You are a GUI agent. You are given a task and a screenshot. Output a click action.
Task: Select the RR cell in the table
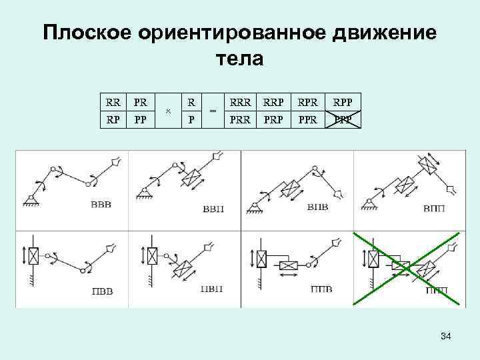pyautogui.click(x=113, y=103)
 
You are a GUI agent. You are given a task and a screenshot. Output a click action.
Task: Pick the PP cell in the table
pyautogui.click(x=141, y=120)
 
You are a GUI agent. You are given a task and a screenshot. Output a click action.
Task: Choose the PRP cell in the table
pyautogui.click(x=274, y=120)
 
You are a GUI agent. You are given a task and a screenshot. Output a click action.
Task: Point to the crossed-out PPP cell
pyautogui.click(x=344, y=120)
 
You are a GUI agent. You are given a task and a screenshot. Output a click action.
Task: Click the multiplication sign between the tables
pyautogui.click(x=168, y=112)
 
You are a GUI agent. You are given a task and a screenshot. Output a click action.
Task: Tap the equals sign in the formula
pyautogui.click(x=213, y=111)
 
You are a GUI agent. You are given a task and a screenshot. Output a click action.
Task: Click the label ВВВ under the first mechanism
pyautogui.click(x=101, y=204)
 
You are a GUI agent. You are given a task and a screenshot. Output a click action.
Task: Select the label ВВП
pyautogui.click(x=213, y=209)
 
